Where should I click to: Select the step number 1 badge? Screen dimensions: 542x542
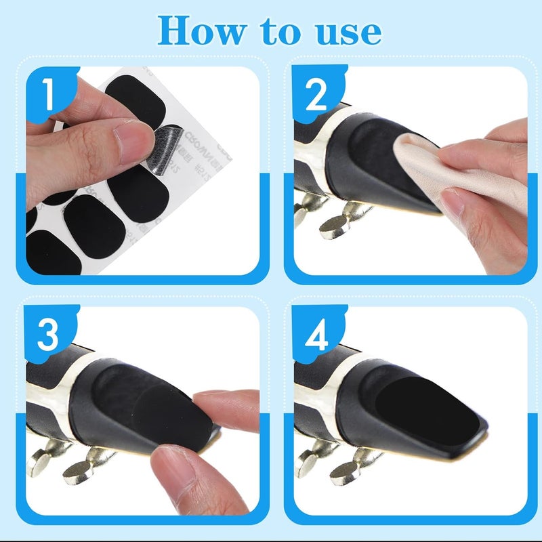[x=48, y=94]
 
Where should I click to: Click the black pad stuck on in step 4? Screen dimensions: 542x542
[x=427, y=406]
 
